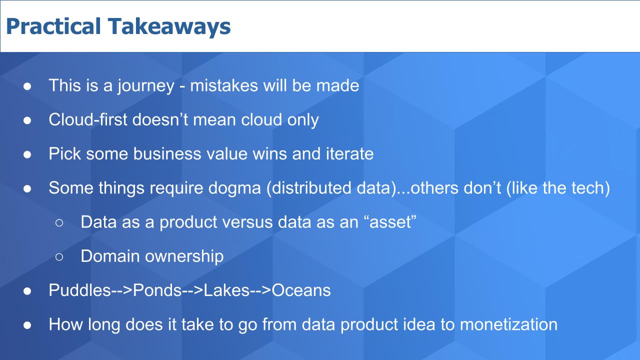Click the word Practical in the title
pos(53,26)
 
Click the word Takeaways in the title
pos(169,26)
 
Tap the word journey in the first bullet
pos(145,86)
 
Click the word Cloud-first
pos(87,119)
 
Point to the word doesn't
pos(160,119)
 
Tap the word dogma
pos(234,188)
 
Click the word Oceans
pos(301,290)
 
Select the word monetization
pos(508,324)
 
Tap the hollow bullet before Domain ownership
pos(59,257)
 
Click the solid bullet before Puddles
pos(27,291)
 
